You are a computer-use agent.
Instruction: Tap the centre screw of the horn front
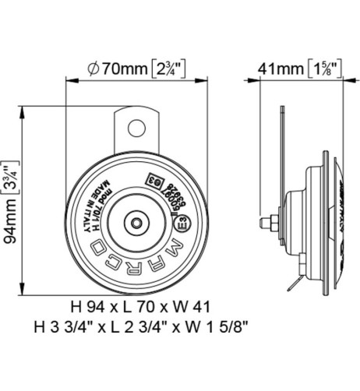(x=137, y=223)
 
